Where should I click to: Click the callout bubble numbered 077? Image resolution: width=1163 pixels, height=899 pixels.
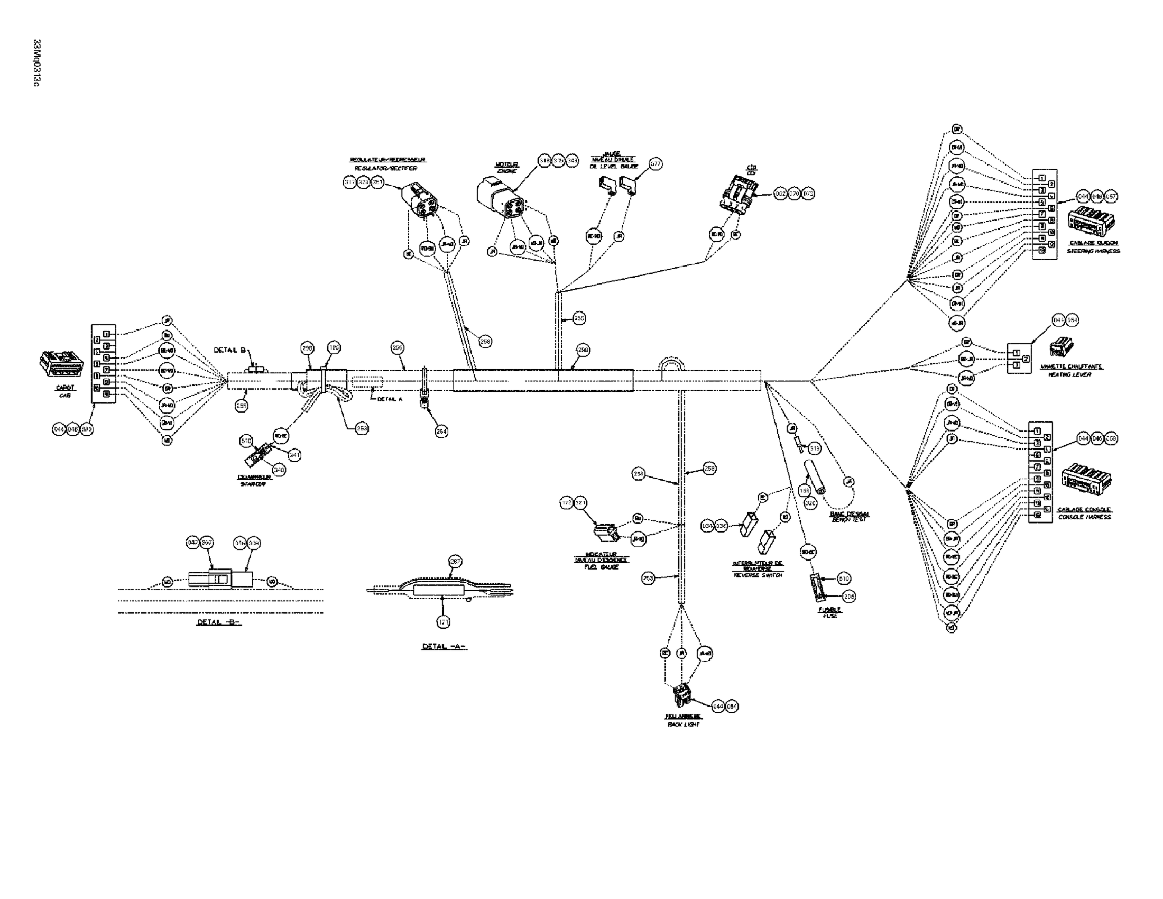point(656,164)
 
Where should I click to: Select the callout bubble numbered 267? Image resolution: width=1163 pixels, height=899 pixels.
point(455,561)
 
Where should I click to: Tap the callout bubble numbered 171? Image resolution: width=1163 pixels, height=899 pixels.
point(443,621)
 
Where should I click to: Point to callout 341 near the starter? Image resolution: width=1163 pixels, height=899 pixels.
point(294,455)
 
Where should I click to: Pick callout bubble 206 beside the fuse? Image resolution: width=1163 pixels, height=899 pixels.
point(850,597)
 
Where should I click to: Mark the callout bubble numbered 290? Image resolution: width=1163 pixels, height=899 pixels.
point(307,349)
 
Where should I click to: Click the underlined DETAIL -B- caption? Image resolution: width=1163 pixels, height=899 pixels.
point(219,622)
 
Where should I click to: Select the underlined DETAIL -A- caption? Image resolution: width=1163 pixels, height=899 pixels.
point(444,647)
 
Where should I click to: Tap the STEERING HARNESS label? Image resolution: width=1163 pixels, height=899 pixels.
point(1093,251)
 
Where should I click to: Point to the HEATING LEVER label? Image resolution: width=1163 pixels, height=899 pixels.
point(1069,374)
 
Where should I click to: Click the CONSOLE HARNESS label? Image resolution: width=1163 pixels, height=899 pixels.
point(1084,517)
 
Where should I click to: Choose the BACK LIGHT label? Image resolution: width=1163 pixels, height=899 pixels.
point(683,725)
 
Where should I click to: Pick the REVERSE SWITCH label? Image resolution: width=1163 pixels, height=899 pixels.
point(758,575)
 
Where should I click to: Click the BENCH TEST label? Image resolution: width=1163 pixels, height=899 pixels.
point(849,519)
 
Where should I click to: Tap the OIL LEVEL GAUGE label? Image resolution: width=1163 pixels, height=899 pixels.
point(613,167)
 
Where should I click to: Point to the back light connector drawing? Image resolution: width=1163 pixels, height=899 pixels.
point(681,695)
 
